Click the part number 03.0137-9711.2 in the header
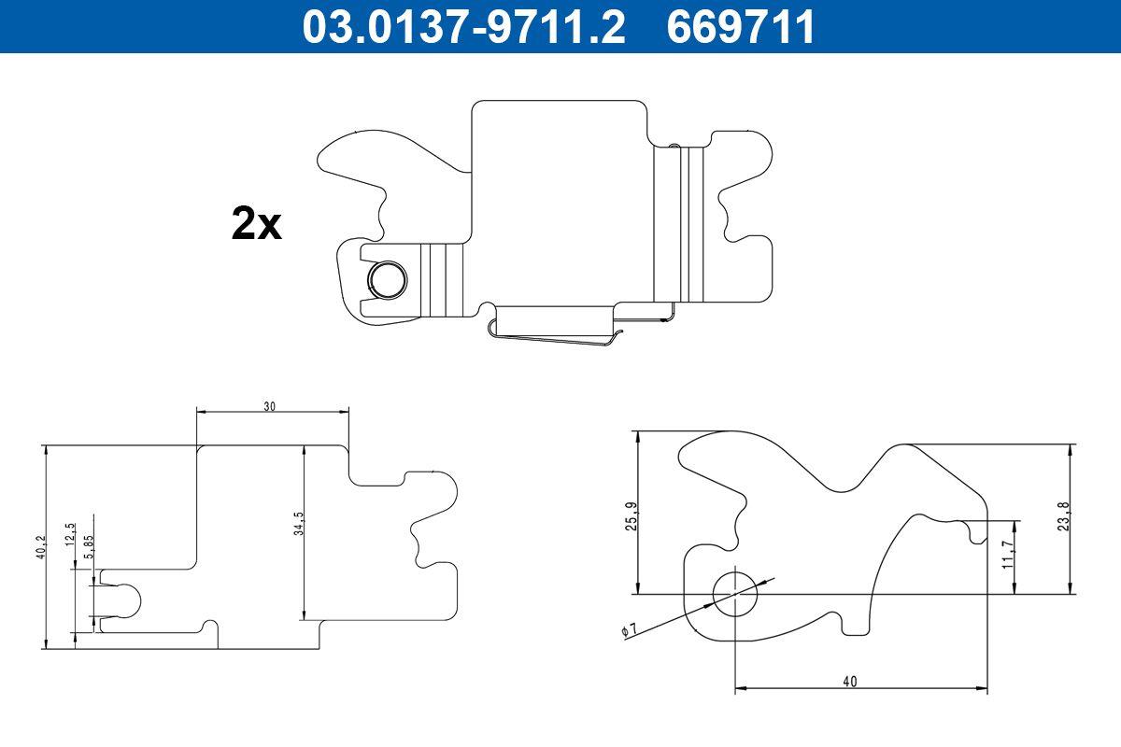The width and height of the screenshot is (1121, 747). click(463, 26)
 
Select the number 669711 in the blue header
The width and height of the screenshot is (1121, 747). click(741, 26)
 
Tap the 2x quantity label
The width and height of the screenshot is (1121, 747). click(256, 225)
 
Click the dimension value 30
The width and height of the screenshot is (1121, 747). click(270, 406)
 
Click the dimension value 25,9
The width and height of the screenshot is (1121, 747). click(631, 516)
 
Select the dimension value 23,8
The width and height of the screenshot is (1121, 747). click(1063, 515)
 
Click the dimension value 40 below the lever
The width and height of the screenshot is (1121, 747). click(849, 682)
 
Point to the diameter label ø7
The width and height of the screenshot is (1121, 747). click(629, 632)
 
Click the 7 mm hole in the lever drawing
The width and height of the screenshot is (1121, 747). click(735, 593)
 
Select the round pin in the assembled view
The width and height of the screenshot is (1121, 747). click(386, 278)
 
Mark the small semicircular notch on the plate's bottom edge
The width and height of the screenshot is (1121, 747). click(211, 625)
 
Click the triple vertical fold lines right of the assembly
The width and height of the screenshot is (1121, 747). click(679, 224)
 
